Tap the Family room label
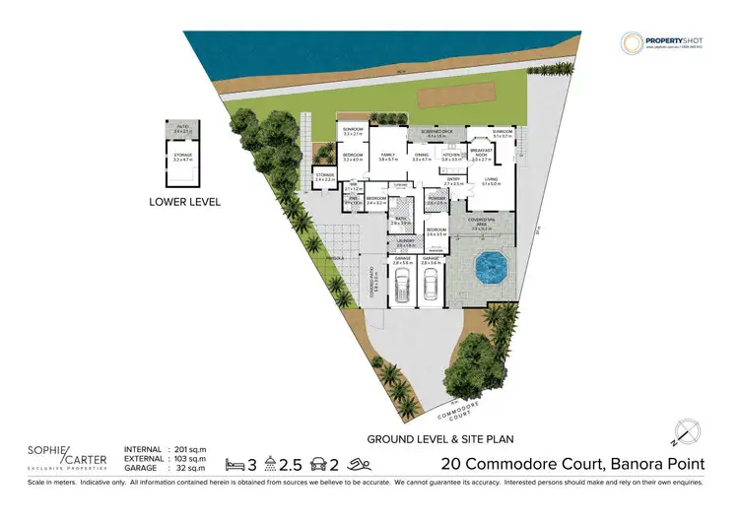(387, 155)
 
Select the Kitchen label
(452, 155)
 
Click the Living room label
(490, 179)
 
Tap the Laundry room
(402, 243)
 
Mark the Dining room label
(421, 155)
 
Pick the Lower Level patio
(182, 129)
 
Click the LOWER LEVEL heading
(184, 202)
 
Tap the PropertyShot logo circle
(631, 42)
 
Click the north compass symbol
(688, 430)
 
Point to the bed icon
(233, 463)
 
